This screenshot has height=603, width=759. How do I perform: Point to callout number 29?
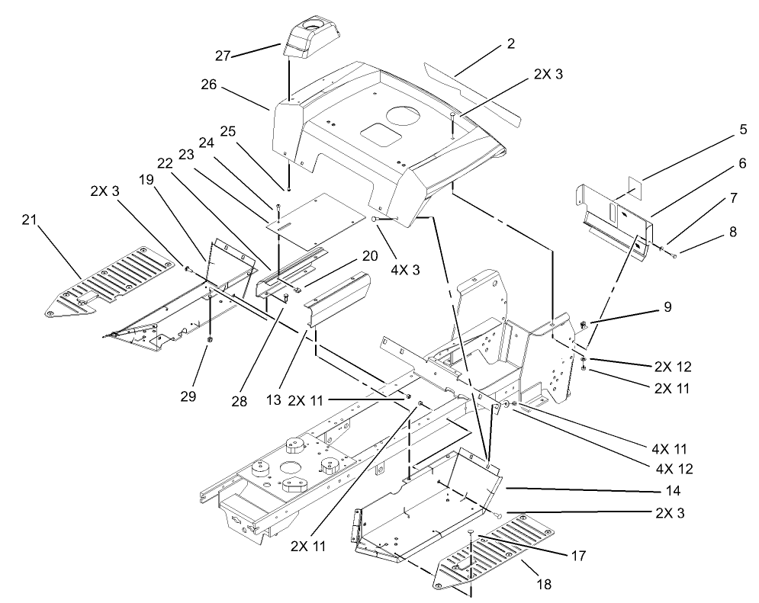pyautogui.click(x=188, y=396)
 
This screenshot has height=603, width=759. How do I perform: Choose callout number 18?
pyautogui.click(x=545, y=585)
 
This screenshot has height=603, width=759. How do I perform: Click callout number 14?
pyautogui.click(x=672, y=491)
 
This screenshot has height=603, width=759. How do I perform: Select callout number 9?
pyautogui.click(x=667, y=309)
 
